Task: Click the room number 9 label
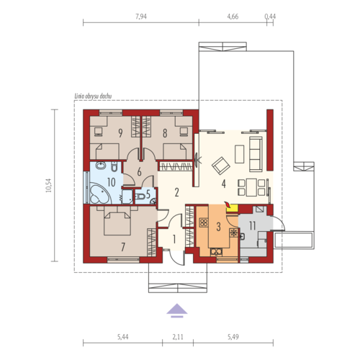120,133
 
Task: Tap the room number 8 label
165,133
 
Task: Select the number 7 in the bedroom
123,247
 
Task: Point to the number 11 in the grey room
252,225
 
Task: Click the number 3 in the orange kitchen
218,227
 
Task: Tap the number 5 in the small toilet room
148,194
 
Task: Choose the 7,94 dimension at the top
141,17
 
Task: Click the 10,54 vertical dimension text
49,186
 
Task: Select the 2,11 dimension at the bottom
178,337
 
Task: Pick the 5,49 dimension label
233,337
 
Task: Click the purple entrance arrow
177,310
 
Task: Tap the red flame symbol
228,204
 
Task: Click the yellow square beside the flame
233,209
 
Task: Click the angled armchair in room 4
221,166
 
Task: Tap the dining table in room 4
251,187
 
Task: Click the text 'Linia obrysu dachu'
93,96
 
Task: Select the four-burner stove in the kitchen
204,223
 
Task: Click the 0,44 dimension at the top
270,17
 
